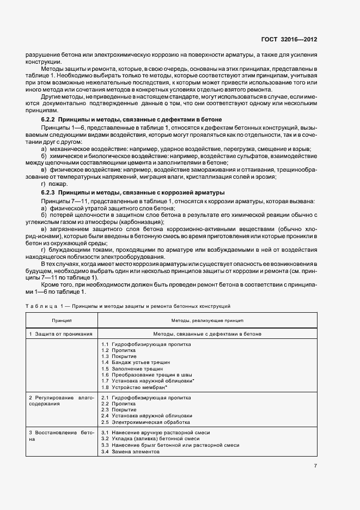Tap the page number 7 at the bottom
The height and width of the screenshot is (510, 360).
click(x=315, y=466)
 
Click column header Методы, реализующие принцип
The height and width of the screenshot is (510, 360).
click(x=208, y=320)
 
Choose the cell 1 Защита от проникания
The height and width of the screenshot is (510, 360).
click(x=60, y=333)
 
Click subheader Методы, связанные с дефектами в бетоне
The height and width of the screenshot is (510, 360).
click(x=208, y=333)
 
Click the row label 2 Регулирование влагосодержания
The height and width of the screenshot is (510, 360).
click(x=62, y=401)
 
